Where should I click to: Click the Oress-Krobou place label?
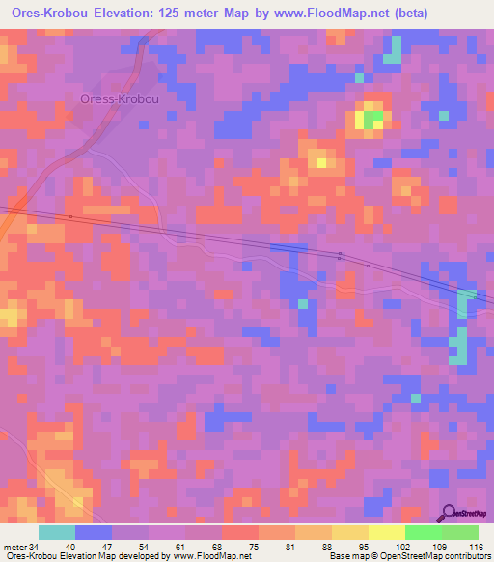click(119, 98)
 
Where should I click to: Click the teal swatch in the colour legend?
click(57, 532)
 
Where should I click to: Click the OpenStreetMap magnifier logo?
click(449, 513)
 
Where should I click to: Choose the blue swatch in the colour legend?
click(94, 532)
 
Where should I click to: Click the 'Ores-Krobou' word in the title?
click(44, 14)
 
